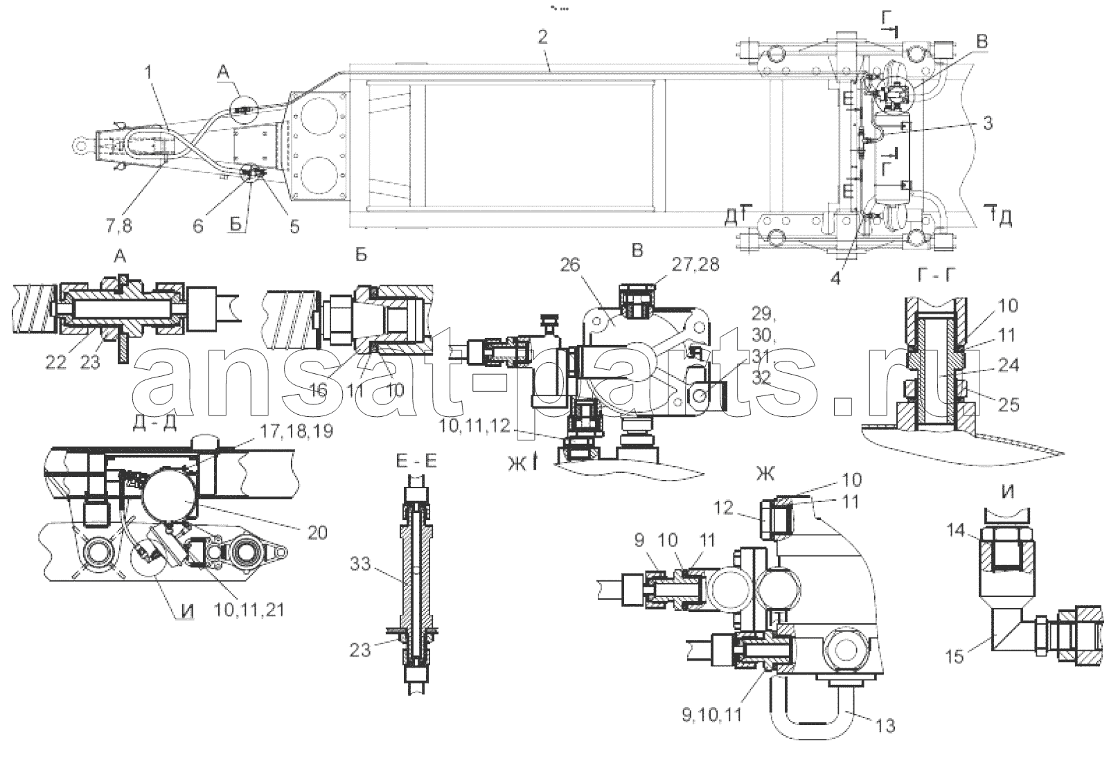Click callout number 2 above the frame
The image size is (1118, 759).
coord(542,37)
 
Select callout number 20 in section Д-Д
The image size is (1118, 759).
coord(317,533)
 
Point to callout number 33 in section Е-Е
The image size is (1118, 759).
coord(360,564)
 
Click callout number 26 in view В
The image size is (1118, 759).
coord(570,265)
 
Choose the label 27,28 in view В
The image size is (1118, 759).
coord(695,265)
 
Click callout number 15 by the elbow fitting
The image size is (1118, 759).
coord(955,657)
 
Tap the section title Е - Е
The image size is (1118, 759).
coord(416,462)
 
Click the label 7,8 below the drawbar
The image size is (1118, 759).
coord(118,226)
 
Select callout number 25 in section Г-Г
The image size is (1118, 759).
coord(1008,404)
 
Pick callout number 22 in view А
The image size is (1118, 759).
coord(55,363)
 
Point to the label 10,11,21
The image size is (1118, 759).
coord(249,609)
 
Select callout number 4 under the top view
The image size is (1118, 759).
coord(835,278)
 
